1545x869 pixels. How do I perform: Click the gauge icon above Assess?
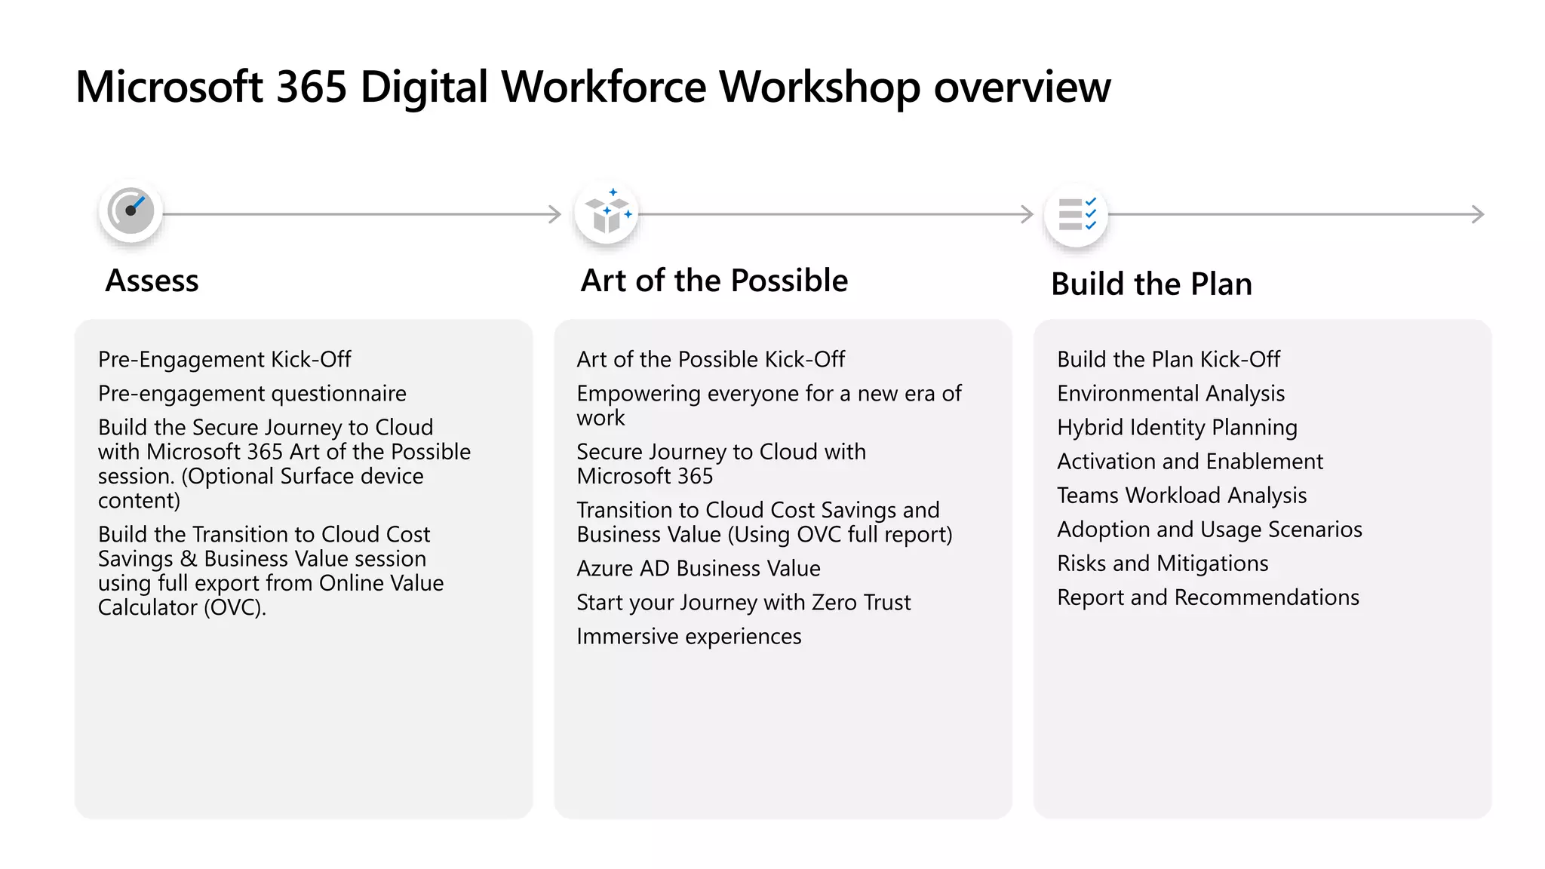pyautogui.click(x=131, y=211)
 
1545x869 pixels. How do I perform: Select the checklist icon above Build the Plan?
pyautogui.click(x=1076, y=214)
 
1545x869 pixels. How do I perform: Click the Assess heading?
pyautogui.click(x=152, y=281)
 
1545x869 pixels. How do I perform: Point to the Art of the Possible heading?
pyautogui.click(x=714, y=281)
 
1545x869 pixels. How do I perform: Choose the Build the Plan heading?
pyautogui.click(x=1151, y=284)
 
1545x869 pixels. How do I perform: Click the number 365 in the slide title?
pyautogui.click(x=311, y=87)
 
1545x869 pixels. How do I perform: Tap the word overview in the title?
pyautogui.click(x=1021, y=87)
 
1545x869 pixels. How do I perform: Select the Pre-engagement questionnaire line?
pyautogui.click(x=252, y=394)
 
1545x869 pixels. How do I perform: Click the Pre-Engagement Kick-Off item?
pyautogui.click(x=224, y=360)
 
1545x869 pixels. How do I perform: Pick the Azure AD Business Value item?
pyautogui.click(x=698, y=569)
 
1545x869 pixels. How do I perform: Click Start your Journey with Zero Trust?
pyautogui.click(x=743, y=603)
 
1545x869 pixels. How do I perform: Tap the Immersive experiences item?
pyautogui.click(x=689, y=637)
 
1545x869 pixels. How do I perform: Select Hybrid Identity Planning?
pyautogui.click(x=1177, y=428)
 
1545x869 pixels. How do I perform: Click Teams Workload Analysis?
pyautogui.click(x=1181, y=496)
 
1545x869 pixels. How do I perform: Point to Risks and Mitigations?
pyautogui.click(x=1163, y=563)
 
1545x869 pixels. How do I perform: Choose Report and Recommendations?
pyautogui.click(x=1208, y=597)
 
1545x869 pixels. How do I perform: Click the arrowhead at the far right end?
pyautogui.click(x=1479, y=214)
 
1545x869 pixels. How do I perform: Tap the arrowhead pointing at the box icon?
pyautogui.click(x=556, y=214)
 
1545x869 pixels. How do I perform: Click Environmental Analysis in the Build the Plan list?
pyautogui.click(x=1171, y=394)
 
